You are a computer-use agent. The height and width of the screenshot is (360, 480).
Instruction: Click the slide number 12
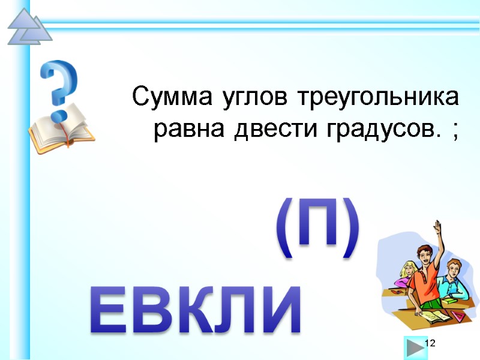pos(430,342)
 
